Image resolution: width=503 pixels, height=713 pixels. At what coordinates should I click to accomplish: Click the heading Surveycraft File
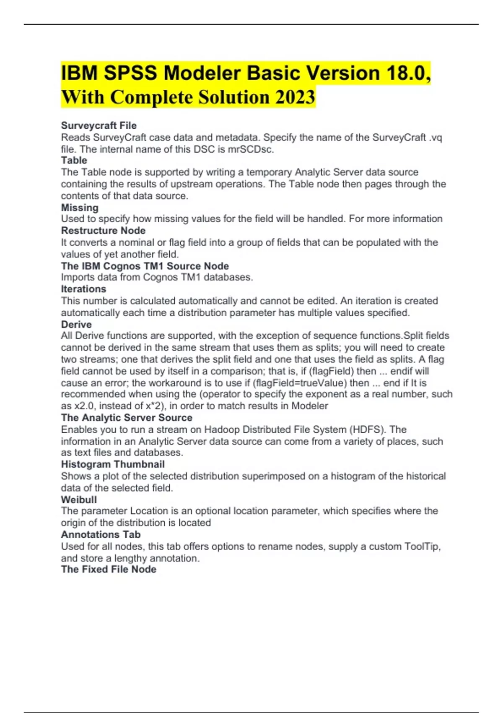[99, 125]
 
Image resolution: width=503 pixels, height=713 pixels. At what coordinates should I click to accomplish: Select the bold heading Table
[74, 160]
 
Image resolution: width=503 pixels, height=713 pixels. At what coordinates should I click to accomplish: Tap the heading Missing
[80, 208]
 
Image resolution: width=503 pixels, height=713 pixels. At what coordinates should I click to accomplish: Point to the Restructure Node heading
[103, 230]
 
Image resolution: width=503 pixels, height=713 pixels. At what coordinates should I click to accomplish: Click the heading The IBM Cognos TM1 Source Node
[145, 266]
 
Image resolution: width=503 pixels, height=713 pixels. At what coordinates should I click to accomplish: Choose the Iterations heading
[83, 289]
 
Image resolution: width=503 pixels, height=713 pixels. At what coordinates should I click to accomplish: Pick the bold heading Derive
[76, 324]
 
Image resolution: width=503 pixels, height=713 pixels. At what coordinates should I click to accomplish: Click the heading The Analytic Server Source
[127, 418]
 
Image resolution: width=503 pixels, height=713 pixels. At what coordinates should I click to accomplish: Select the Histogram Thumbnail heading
[113, 464]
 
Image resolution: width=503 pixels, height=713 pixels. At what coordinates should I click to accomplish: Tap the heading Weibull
[79, 500]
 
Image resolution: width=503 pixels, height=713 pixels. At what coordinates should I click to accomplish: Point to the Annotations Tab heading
[101, 534]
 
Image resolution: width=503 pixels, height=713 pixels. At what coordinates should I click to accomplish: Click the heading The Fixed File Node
[109, 569]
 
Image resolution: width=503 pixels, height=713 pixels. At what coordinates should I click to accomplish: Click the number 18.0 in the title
[407, 73]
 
